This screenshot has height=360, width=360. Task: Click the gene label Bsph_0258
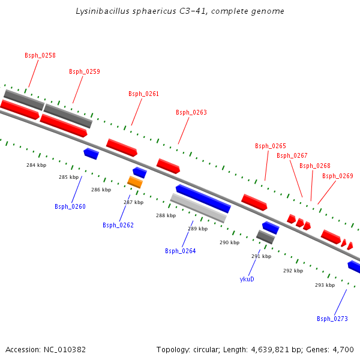pyautogui.click(x=40, y=55)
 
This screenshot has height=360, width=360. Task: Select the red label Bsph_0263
pyautogui.click(x=191, y=112)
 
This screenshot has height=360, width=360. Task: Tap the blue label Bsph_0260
pyautogui.click(x=70, y=206)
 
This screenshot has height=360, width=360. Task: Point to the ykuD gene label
pyautogui.click(x=247, y=278)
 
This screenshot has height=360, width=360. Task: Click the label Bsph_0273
pyautogui.click(x=332, y=319)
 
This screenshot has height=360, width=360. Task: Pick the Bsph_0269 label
pyautogui.click(x=337, y=176)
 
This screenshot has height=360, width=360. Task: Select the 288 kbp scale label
pyautogui.click(x=166, y=215)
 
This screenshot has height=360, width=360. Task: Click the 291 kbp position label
pyautogui.click(x=261, y=256)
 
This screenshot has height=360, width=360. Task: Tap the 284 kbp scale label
pyautogui.click(x=36, y=165)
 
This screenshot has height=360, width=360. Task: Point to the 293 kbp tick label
pyautogui.click(x=325, y=285)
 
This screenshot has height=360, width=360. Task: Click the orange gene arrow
pyautogui.click(x=135, y=182)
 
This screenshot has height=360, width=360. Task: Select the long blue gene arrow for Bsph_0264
pyautogui.click(x=203, y=199)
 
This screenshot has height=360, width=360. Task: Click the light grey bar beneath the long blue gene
pyautogui.click(x=198, y=208)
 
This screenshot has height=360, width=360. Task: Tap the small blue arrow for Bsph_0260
pyautogui.click(x=91, y=154)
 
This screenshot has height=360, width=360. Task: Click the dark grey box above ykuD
pyautogui.click(x=266, y=237)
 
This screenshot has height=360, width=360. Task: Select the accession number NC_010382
pyautogui.click(x=64, y=349)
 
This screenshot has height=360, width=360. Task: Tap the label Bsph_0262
pyautogui.click(x=118, y=225)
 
